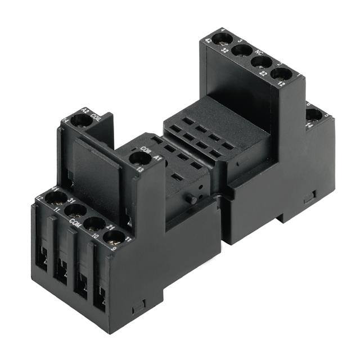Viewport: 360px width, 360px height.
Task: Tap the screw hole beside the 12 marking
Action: (281, 73)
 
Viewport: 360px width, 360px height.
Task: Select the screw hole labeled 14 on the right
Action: (314, 116)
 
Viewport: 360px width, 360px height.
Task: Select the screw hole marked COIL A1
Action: (138, 158)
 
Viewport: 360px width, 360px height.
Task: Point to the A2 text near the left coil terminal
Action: (85, 110)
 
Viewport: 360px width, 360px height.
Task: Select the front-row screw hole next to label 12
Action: (56, 197)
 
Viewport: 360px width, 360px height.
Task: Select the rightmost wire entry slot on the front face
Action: (100, 297)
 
